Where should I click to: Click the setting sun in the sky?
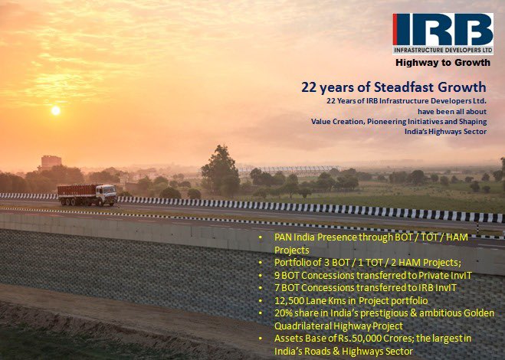coord(55,110)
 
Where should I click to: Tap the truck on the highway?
coord(87,195)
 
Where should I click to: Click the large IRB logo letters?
coord(442,31)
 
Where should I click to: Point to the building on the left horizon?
coord(51,162)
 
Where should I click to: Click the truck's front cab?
coord(108,195)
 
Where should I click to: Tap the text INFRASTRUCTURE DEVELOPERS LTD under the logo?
coord(442,51)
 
